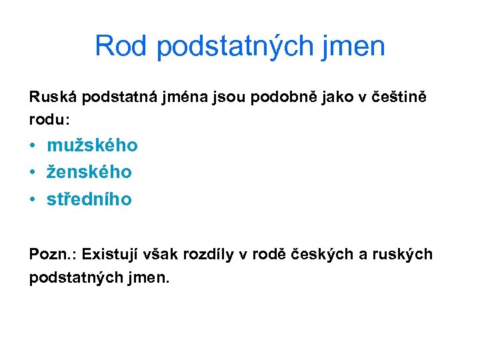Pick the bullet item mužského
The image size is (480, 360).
(x=92, y=145)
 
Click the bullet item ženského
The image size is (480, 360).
(x=89, y=172)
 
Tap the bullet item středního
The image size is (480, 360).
(x=89, y=199)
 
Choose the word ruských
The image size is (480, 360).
(x=401, y=255)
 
